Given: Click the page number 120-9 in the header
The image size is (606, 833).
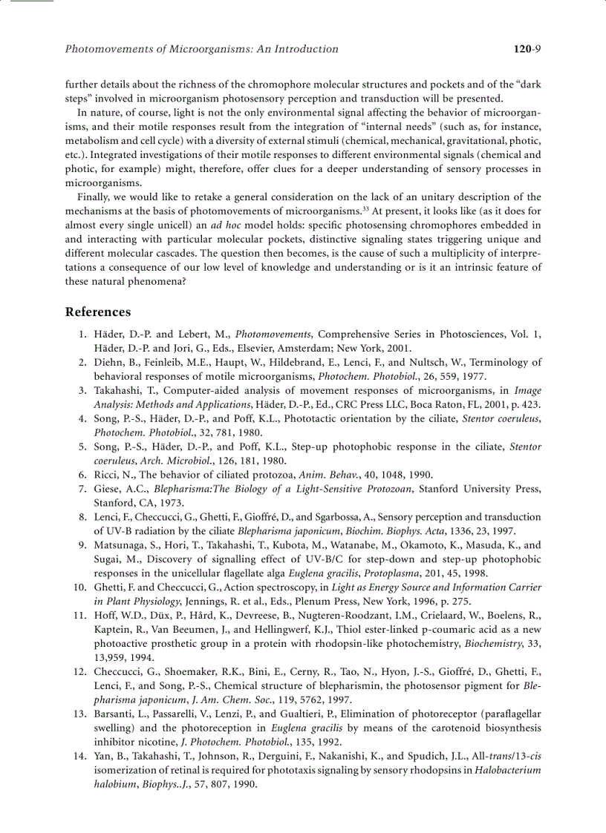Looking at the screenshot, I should [x=527, y=50].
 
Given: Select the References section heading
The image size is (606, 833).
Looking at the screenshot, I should [x=98, y=312].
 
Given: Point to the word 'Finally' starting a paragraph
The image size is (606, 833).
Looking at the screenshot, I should [x=94, y=197].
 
